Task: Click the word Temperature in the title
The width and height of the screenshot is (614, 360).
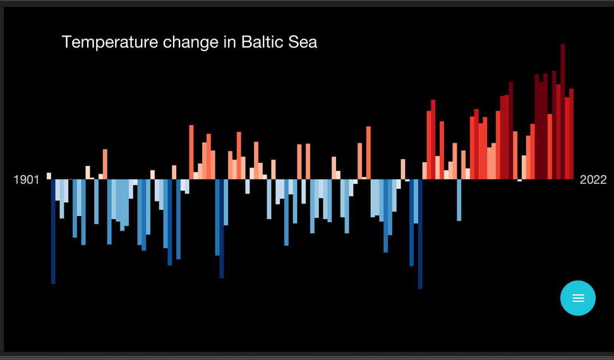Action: tap(110, 42)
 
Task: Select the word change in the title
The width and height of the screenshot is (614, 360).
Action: tap(191, 42)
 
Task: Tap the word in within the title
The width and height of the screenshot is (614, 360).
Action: tap(229, 42)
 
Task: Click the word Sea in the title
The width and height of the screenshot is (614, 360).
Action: tap(303, 42)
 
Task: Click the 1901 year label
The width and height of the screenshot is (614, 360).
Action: tap(27, 180)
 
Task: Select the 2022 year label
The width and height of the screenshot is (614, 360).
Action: tap(593, 180)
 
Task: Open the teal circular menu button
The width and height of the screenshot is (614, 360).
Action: tap(578, 297)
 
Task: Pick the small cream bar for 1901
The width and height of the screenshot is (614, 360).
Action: tap(49, 176)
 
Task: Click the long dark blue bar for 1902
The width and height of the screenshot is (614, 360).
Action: tap(53, 232)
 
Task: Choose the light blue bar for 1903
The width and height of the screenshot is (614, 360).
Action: tap(57, 190)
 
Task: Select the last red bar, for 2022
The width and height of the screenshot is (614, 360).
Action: tap(571, 135)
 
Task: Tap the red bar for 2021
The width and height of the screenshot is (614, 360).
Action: tap(567, 138)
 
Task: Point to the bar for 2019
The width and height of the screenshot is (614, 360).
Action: tap(558, 132)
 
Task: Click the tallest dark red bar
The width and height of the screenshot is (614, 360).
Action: tap(563, 112)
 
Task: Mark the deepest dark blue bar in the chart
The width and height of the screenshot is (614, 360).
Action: tap(420, 234)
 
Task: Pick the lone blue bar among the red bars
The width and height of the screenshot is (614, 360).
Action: tap(459, 200)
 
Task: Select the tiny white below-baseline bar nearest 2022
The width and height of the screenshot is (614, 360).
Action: tap(520, 181)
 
